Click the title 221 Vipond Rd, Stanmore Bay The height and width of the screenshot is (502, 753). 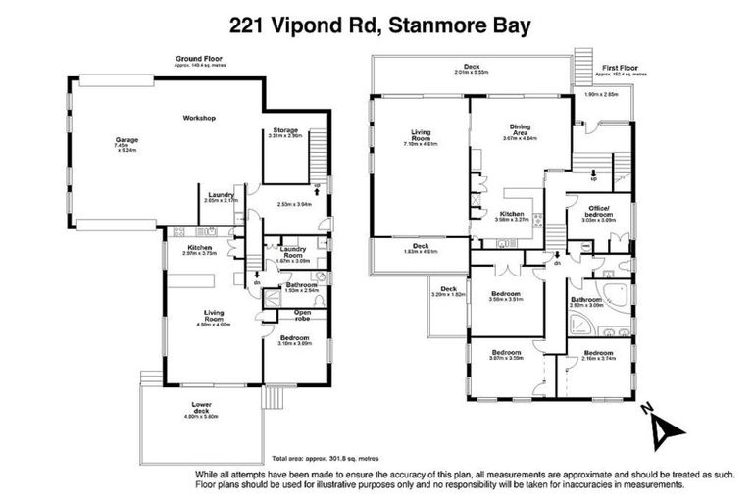(377, 24)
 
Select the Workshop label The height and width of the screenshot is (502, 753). (199, 119)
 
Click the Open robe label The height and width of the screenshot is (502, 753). (301, 315)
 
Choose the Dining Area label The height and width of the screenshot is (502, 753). (521, 130)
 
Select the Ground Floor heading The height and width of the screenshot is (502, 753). (196, 60)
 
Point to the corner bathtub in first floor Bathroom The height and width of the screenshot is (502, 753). (614, 294)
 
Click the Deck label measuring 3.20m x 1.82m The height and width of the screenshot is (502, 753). (449, 290)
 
